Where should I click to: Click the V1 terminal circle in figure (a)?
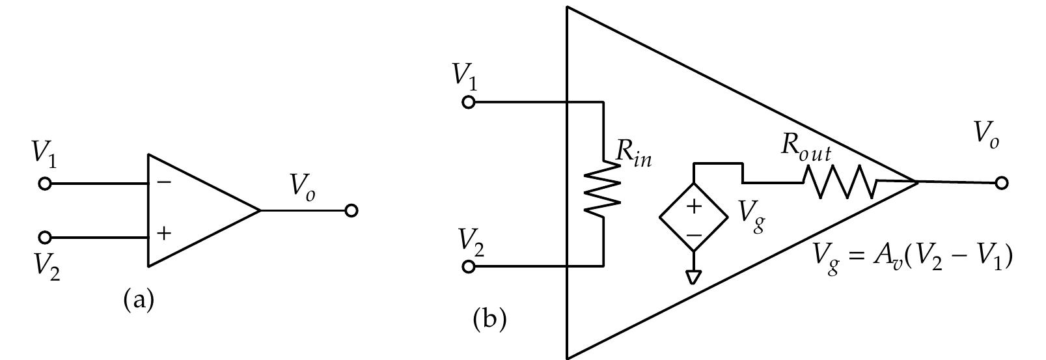tap(44, 184)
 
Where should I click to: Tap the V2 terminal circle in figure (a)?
tap(44, 237)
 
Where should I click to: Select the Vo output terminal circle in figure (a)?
tap(351, 210)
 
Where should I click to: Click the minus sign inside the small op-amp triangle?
tap(164, 182)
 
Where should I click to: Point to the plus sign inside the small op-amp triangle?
tap(164, 233)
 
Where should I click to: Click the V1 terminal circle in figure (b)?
tap(468, 102)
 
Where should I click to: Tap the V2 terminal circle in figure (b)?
tap(468, 266)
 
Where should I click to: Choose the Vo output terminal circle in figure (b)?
tap(1002, 183)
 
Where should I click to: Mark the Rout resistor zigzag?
tap(840, 182)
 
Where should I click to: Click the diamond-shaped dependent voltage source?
tap(694, 217)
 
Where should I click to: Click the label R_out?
tap(806, 149)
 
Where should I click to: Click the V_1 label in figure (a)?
tap(44, 155)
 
